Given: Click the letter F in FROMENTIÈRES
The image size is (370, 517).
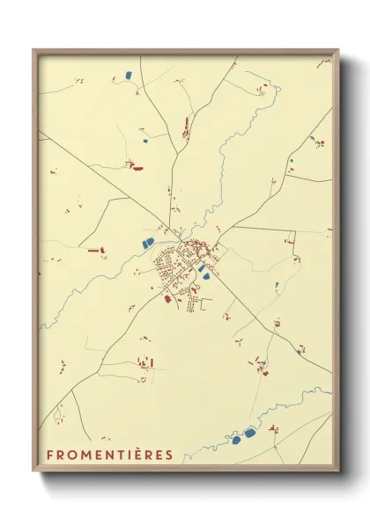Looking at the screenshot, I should [x=49, y=455].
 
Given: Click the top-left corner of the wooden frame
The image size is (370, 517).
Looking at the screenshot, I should [x=33, y=50].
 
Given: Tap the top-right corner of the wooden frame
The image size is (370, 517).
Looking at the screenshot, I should [x=337, y=50].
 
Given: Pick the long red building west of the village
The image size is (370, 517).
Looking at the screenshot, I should [x=94, y=251].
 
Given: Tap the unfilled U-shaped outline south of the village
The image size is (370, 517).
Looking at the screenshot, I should [x=207, y=303].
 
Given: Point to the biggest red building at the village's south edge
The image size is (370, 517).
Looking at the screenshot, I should [x=167, y=299].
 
